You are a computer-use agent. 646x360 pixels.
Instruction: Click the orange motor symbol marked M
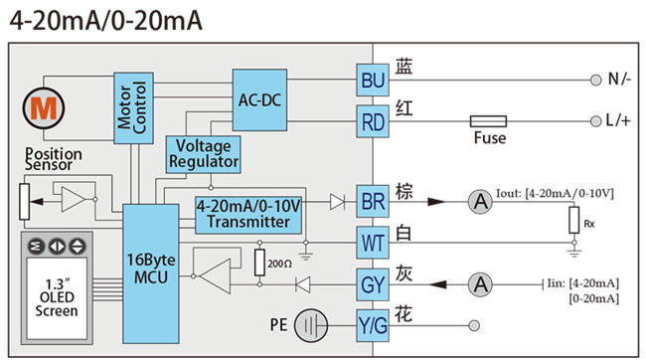pos(42,108)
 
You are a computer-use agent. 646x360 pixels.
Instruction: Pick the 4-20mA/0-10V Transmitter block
pos(248,214)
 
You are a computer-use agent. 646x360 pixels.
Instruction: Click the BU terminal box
pos(372,80)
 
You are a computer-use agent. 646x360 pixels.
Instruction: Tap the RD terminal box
pos(372,121)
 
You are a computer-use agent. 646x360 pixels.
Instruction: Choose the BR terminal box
pos(372,201)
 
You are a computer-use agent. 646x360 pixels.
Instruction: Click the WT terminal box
pos(372,242)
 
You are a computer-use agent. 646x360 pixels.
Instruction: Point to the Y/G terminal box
pos(372,323)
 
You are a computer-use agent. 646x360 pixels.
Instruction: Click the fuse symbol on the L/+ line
pos(490,121)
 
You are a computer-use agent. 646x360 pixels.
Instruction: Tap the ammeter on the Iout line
pos(481,202)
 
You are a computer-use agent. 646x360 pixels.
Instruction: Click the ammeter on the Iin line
pos(481,284)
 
